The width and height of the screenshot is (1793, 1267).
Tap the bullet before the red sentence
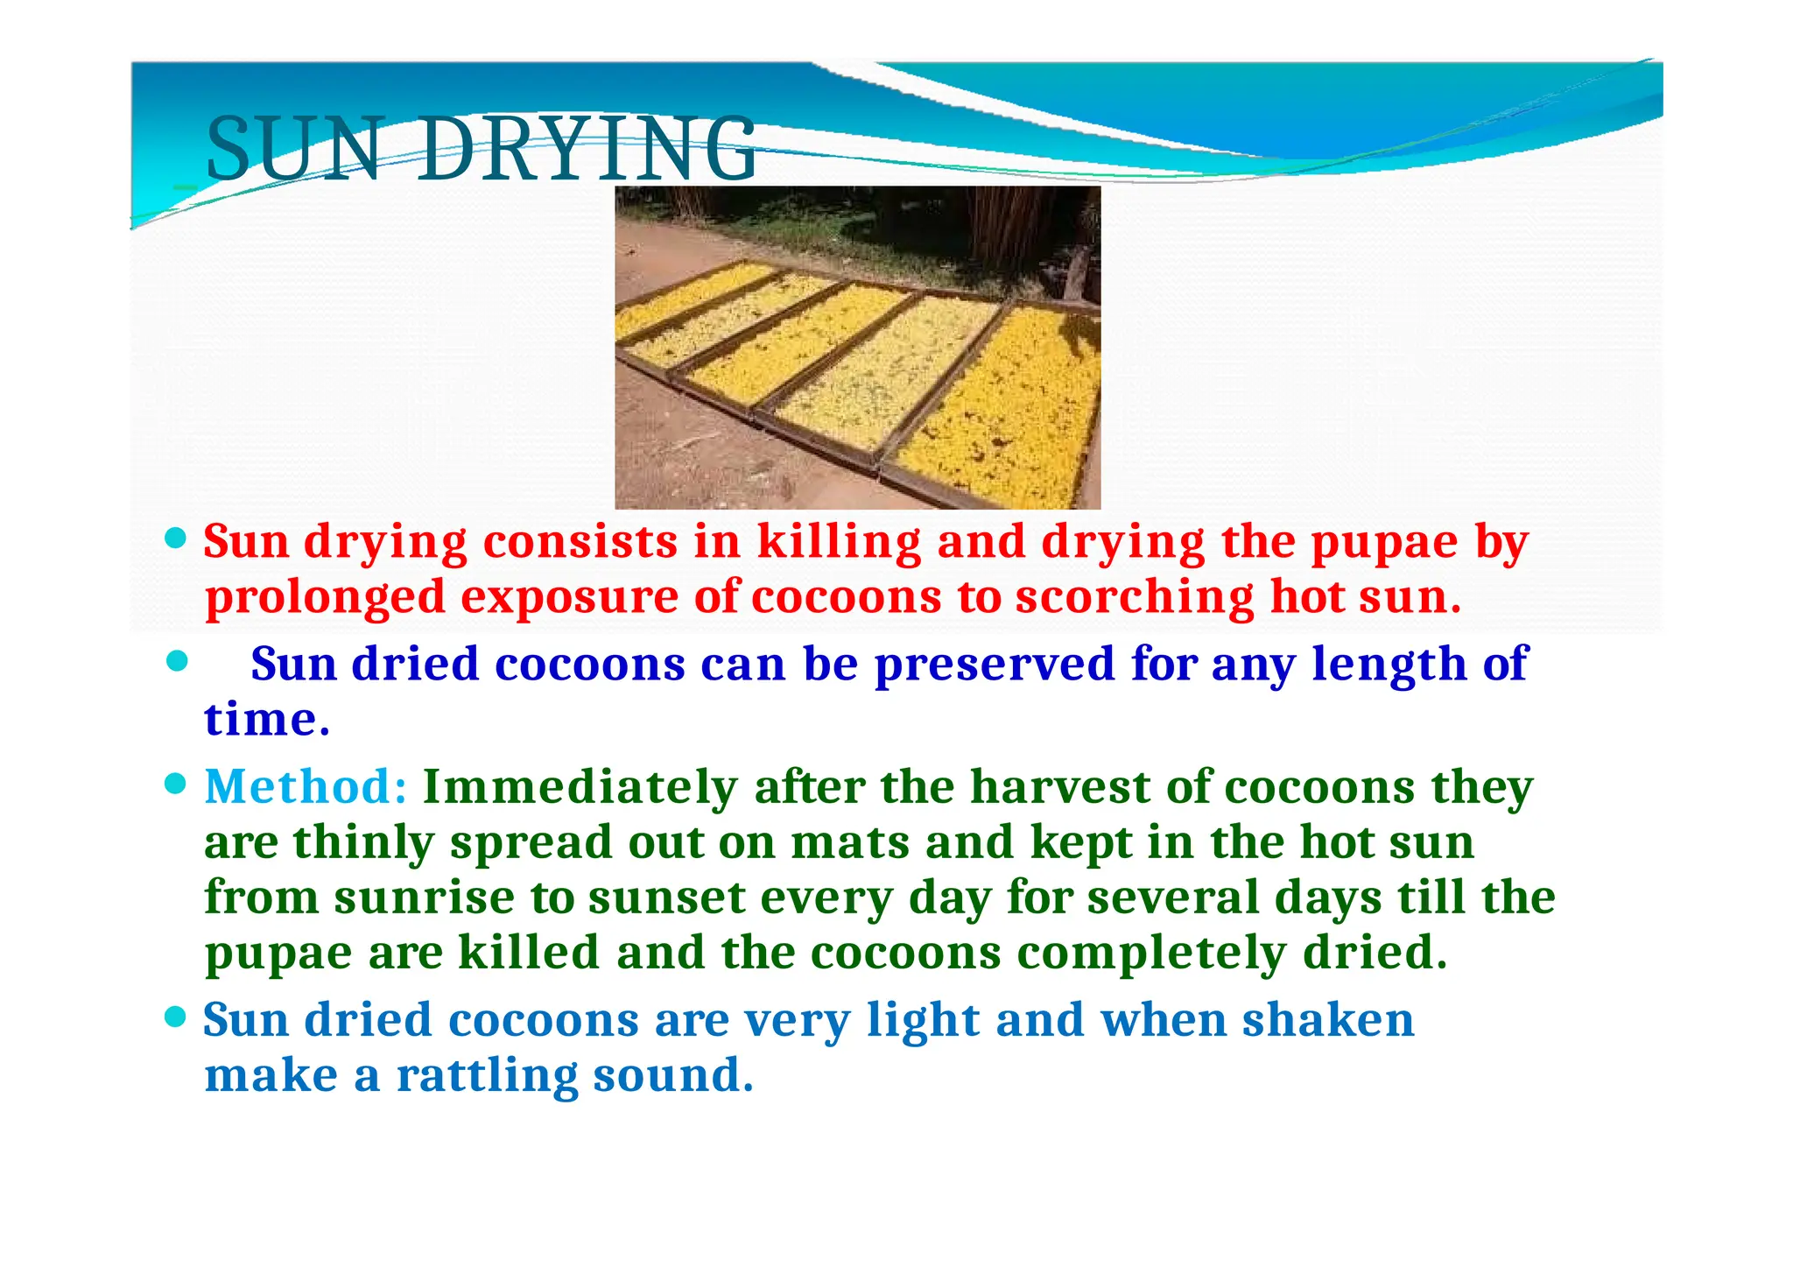[176, 538]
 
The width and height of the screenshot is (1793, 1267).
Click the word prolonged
[325, 599]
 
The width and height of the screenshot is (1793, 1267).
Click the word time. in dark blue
[267, 720]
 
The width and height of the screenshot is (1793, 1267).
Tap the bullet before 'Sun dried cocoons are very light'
[176, 1017]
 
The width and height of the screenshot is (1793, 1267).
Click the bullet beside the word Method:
[176, 784]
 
